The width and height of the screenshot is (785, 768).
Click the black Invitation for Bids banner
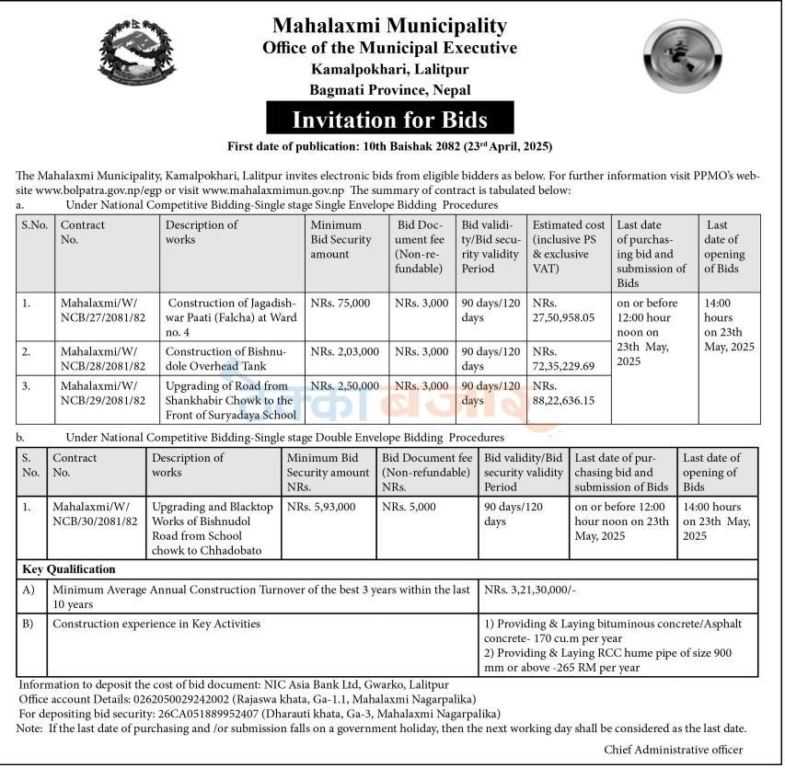click(389, 119)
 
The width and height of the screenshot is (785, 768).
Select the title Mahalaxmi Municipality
click(389, 26)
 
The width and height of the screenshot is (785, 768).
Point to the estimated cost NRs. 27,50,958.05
click(563, 310)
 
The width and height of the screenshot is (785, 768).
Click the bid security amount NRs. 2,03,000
click(341, 351)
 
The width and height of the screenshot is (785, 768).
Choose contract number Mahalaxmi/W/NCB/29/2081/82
click(103, 393)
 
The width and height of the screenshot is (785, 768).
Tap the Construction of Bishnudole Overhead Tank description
click(230, 359)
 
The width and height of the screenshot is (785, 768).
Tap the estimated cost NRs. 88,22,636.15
click(563, 393)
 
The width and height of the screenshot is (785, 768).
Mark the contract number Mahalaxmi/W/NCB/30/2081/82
click(95, 514)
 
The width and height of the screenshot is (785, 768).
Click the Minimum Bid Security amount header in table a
click(341, 239)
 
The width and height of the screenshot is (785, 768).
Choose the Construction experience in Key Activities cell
click(156, 624)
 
